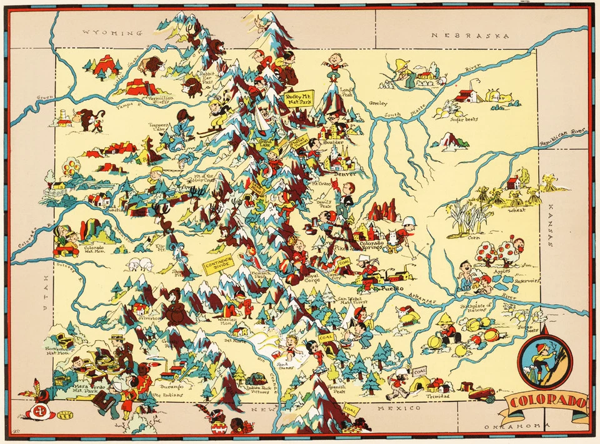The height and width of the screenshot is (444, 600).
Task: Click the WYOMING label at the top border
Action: click(109, 32)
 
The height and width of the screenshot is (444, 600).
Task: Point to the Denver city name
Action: click(344, 174)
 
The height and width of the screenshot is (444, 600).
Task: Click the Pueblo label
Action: click(391, 289)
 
